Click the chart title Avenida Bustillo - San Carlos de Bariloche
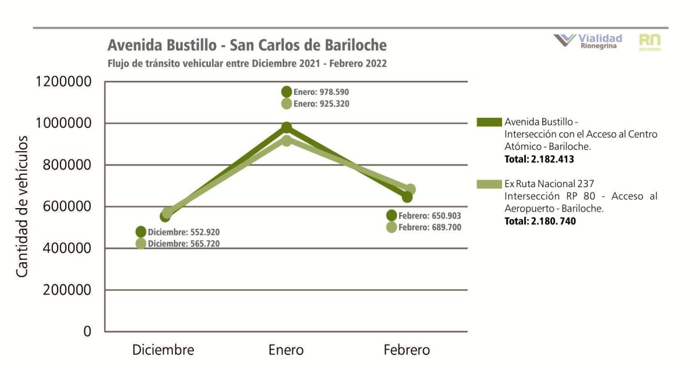247,45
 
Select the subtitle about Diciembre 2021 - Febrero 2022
247,63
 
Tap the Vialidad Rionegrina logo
588,41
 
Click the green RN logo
649,41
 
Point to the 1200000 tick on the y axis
64,82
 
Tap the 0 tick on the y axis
87,331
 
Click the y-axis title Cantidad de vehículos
22,206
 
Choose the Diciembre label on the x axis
163,350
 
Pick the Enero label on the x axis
286,350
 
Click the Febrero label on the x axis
407,350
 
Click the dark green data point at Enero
287,128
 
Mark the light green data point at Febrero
410,189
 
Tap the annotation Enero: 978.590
321,92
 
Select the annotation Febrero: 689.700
429,227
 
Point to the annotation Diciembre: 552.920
183,232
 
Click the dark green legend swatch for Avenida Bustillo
489,122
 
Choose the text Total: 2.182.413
539,159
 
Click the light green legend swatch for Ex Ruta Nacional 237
489,184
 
